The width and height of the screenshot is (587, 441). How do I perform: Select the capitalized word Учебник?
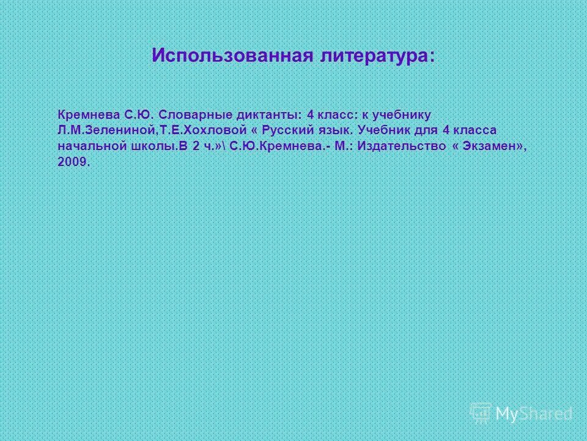click(383, 130)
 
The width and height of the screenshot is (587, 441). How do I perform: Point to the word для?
click(426, 130)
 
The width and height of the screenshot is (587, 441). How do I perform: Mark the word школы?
click(150, 147)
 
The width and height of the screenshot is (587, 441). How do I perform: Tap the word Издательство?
click(399, 147)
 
